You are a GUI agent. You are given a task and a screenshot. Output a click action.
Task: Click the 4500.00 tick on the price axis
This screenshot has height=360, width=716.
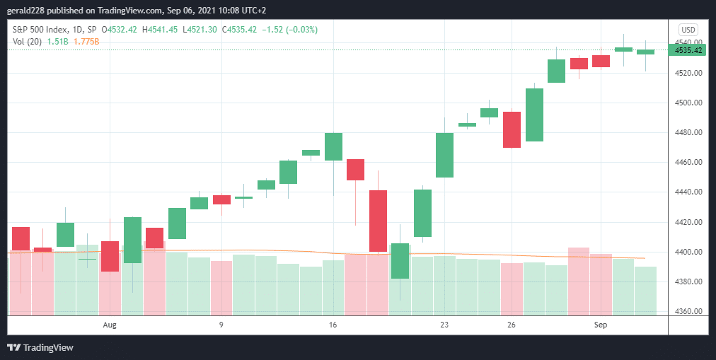tap(688, 103)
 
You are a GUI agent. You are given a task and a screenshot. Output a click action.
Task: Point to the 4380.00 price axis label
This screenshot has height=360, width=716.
tap(688, 281)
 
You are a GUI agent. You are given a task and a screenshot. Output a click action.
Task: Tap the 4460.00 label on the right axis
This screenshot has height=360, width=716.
tap(688, 163)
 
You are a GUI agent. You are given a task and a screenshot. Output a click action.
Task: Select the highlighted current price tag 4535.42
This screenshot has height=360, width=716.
tap(688, 50)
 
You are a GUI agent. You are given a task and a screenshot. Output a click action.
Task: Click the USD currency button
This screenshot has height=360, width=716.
tap(688, 30)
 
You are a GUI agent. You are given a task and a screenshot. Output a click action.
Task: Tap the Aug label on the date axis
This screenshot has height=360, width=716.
tap(109, 325)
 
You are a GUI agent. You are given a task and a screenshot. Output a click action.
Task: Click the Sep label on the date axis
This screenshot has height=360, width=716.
tap(601, 325)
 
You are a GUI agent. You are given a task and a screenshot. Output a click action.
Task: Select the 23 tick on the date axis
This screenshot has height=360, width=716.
tap(444, 325)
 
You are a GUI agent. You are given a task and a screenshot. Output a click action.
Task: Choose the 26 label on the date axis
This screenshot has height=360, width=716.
tap(512, 325)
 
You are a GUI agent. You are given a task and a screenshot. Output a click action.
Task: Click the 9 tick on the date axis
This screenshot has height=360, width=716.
tap(221, 325)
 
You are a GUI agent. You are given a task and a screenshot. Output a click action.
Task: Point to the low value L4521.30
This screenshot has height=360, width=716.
tap(201, 30)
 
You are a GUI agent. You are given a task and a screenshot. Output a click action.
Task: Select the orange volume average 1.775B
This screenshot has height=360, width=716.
tap(87, 42)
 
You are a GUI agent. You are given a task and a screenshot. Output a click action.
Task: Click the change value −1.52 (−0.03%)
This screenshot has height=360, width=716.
tap(290, 30)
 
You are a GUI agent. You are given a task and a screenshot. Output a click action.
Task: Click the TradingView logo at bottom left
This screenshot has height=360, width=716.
tap(40, 347)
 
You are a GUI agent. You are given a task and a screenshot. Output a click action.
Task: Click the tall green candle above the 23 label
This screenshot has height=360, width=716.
tap(444, 155)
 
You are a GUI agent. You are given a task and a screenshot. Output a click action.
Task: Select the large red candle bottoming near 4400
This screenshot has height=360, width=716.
tap(378, 221)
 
